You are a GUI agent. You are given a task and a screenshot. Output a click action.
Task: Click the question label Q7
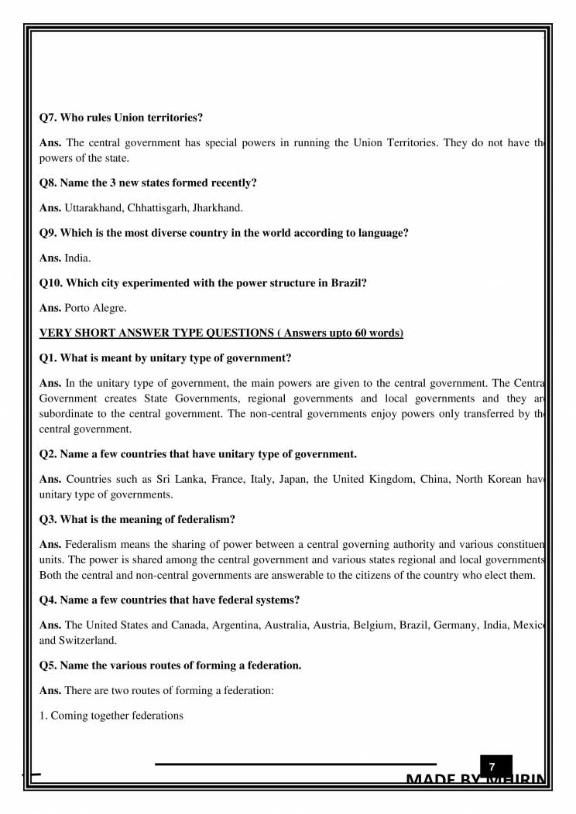(48, 118)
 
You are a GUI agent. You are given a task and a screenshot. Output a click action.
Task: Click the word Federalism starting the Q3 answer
(91, 544)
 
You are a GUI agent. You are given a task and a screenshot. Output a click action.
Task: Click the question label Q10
(51, 282)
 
